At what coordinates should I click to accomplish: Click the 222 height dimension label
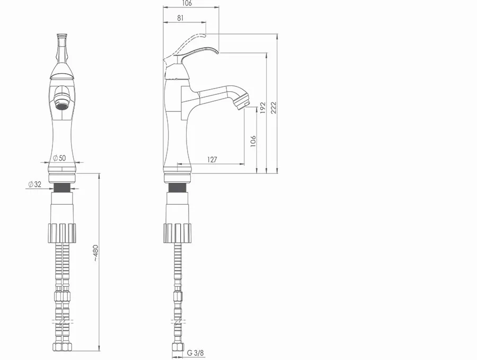[273, 108]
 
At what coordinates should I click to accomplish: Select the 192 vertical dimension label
[262, 108]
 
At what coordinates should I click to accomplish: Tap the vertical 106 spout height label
[253, 141]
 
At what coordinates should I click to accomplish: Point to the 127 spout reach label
[212, 160]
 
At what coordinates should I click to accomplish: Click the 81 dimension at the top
[180, 17]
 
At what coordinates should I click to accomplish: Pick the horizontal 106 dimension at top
[187, 3]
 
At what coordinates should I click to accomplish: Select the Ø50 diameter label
[59, 158]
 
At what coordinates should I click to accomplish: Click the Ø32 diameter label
[34, 184]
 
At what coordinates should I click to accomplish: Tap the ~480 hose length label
[95, 253]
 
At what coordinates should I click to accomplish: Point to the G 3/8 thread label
[195, 353]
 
